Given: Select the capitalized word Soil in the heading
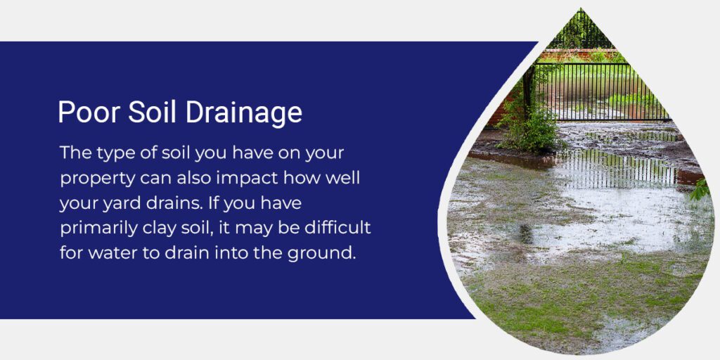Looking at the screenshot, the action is [x=152, y=112].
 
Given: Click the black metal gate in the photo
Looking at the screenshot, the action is [x=602, y=92].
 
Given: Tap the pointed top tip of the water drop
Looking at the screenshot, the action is [x=581, y=8].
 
